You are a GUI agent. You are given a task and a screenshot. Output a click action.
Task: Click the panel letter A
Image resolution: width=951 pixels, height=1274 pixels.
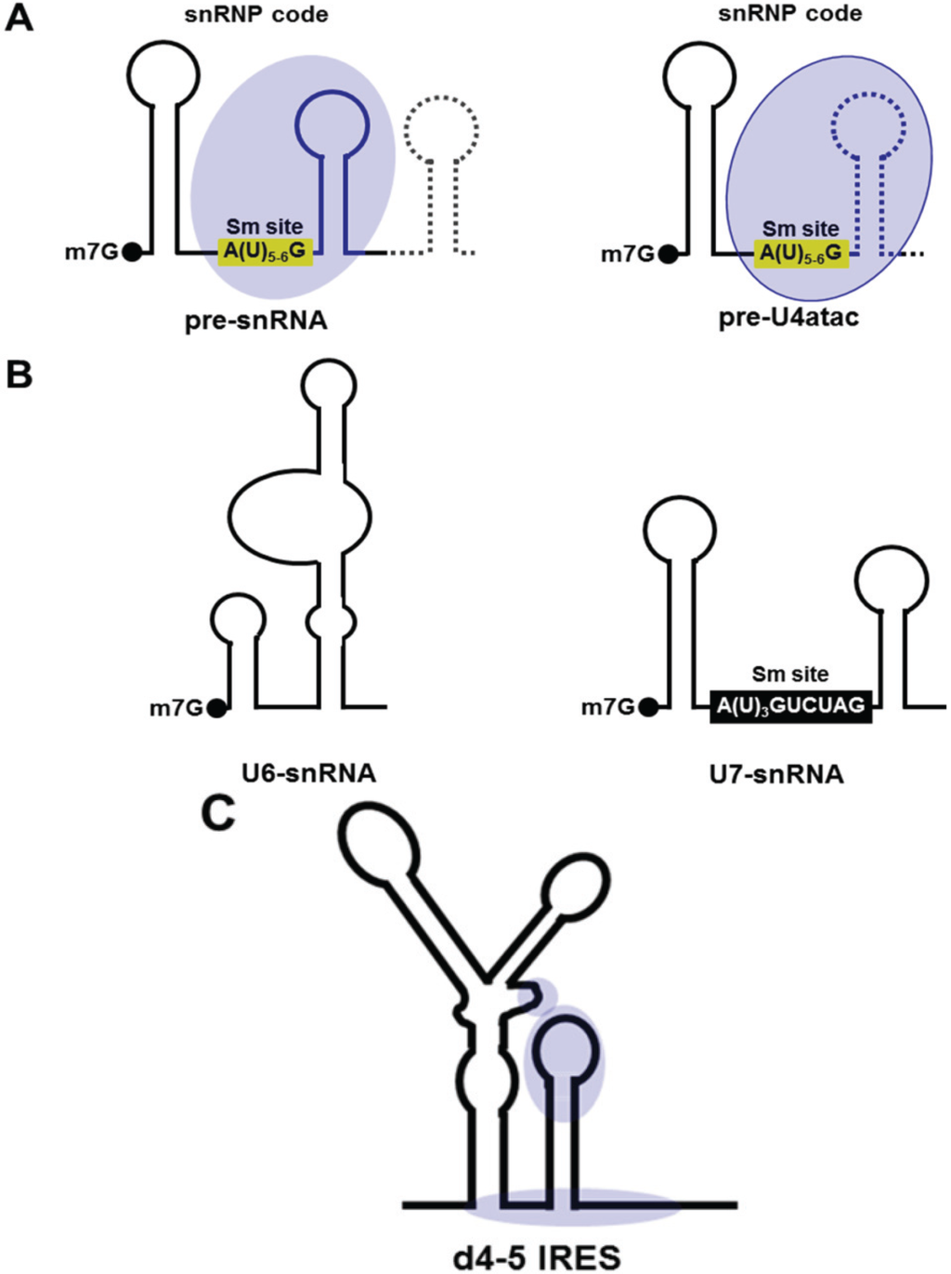[20, 18]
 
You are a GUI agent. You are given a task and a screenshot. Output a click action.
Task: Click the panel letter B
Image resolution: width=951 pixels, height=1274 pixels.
[20, 374]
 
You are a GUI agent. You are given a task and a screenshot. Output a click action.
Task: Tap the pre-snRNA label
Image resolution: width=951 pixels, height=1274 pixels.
[256, 321]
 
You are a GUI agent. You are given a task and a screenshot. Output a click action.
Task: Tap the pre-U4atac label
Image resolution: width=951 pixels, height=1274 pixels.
[788, 318]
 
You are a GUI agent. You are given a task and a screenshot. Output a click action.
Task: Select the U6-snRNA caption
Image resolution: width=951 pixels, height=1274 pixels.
[308, 773]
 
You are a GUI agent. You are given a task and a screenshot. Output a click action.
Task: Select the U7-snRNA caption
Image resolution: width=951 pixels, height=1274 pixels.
[776, 774]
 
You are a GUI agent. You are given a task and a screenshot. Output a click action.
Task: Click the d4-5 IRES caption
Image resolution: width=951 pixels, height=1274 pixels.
[537, 1257]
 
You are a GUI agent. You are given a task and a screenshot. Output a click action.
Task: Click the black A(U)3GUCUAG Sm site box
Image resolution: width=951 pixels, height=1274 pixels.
[790, 706]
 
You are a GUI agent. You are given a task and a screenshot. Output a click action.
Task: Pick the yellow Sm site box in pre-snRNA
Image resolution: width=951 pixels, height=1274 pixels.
[265, 251]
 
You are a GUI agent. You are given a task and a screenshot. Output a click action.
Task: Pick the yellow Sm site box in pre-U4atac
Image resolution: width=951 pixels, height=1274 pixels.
[801, 253]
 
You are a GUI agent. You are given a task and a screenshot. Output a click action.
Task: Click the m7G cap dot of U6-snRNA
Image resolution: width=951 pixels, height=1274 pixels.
[216, 709]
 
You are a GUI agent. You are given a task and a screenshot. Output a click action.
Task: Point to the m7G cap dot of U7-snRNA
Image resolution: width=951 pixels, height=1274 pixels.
[648, 708]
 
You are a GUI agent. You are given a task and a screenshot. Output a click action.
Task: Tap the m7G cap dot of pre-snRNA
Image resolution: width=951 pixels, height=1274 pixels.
[132, 252]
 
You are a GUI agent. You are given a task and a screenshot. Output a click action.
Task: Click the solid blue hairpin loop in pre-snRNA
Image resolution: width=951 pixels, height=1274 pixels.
[332, 124]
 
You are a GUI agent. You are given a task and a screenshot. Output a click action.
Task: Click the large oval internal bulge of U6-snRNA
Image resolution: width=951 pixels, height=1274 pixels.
[300, 513]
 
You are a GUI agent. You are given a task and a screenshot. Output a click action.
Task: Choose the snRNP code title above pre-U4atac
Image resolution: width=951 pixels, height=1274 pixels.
[789, 14]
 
